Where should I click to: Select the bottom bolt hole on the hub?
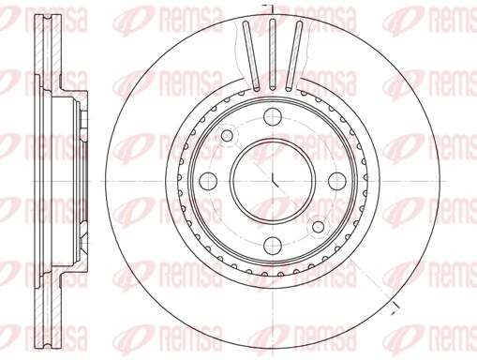point(272,245)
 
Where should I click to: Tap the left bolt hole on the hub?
point(207,180)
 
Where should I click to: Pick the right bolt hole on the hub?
point(336,180)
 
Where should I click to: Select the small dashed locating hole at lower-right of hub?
point(318,226)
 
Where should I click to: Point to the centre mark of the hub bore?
point(272,180)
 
